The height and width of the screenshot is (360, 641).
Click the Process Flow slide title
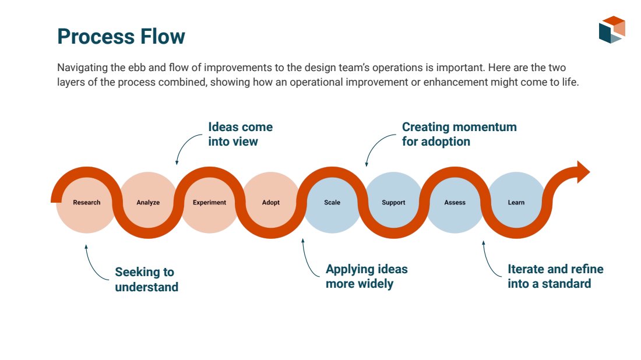pyautogui.click(x=121, y=36)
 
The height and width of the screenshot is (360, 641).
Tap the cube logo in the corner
pyautogui.click(x=612, y=30)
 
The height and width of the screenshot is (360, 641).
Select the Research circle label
pyautogui.click(x=87, y=202)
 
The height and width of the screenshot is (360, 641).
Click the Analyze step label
pyautogui.click(x=148, y=202)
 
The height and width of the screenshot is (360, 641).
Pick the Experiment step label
pyautogui.click(x=209, y=202)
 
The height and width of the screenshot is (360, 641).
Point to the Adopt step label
pyautogui.click(x=270, y=202)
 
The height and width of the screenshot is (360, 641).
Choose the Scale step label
pyautogui.click(x=332, y=202)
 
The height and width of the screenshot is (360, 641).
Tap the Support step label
pyautogui.click(x=393, y=202)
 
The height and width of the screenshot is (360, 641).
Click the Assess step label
pyautogui.click(x=455, y=202)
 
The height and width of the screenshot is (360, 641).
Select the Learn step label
pyautogui.click(x=516, y=202)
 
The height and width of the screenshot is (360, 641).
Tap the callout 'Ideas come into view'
pyautogui.click(x=240, y=134)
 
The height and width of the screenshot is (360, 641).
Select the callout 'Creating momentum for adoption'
pyautogui.click(x=459, y=134)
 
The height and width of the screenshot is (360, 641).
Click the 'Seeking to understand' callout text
pyautogui.click(x=146, y=280)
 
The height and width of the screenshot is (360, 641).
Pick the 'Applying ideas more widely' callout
pyautogui.click(x=367, y=276)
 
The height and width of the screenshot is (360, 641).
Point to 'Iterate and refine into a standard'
pyautogui.click(x=555, y=276)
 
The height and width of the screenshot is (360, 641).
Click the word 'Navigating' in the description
pyautogui.click(x=82, y=68)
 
